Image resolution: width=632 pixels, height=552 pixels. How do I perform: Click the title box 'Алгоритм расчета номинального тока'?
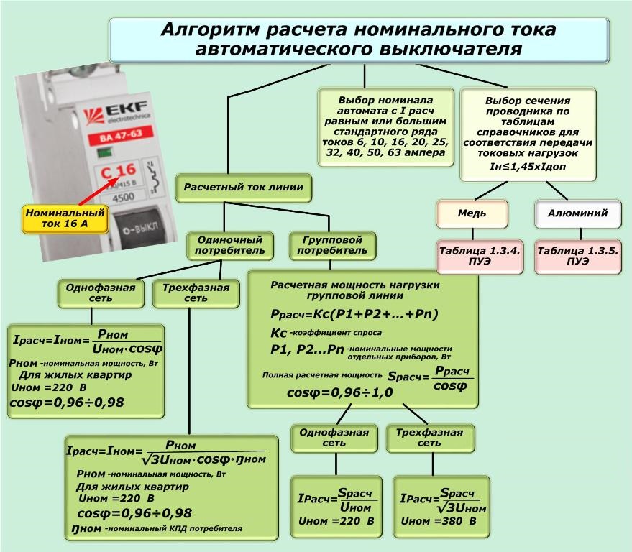358,40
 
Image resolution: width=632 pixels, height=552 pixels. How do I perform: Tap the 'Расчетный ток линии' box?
243,187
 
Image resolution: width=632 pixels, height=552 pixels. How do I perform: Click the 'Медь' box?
472,213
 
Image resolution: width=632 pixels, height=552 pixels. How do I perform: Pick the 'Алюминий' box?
577,213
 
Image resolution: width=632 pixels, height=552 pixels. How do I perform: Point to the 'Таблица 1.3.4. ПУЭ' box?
480,256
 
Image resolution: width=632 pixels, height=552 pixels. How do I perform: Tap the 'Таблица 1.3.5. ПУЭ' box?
577,256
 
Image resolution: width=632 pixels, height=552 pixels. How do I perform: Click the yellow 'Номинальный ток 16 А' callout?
65,218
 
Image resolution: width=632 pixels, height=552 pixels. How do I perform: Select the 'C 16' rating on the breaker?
117,171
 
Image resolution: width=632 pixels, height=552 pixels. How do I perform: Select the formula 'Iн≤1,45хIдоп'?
528,167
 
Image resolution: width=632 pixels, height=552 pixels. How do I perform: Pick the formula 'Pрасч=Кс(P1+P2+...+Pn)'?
354,315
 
